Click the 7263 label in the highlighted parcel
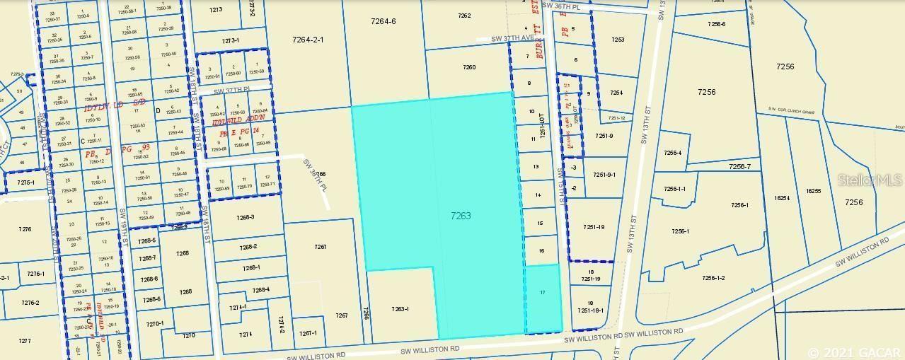pos(461,216)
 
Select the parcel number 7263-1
pos(400,309)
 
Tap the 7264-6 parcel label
pos(383,21)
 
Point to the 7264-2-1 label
pos(308,40)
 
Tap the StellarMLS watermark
pos(870,180)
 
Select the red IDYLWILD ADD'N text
pos(238,120)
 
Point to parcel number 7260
pos(469,68)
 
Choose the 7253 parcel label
pos(618,40)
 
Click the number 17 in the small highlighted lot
pos(543,292)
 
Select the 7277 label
pos(25,341)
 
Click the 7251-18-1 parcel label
pos(590,310)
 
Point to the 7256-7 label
pos(742,166)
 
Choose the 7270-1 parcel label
pos(155,323)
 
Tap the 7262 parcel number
pos(464,15)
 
